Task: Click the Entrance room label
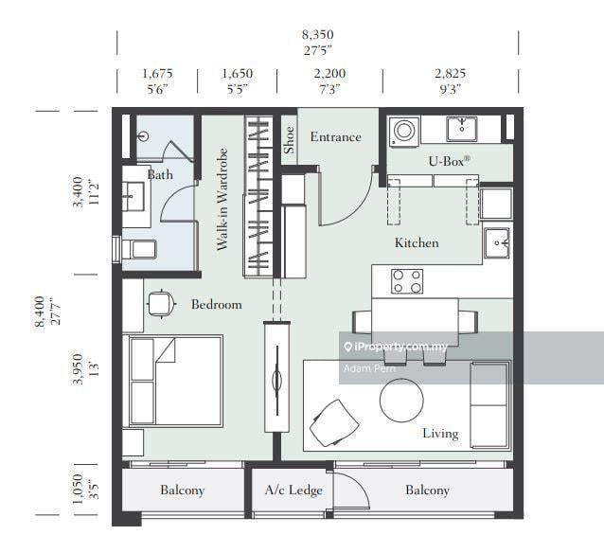tap(335, 136)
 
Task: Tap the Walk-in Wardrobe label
tap(222, 199)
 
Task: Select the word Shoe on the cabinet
tap(289, 140)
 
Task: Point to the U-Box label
tap(449, 161)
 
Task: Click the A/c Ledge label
tap(293, 491)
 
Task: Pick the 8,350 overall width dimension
tap(317, 35)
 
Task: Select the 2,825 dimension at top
tap(450, 73)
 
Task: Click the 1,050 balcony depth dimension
tap(78, 489)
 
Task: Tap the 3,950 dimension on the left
tap(78, 368)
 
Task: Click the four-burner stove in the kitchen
tap(407, 281)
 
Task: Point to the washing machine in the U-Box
tap(404, 132)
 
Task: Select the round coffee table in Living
tap(401, 400)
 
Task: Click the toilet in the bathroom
tap(139, 250)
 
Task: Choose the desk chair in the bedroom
tap(161, 304)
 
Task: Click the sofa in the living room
tap(489, 405)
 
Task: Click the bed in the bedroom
tap(176, 381)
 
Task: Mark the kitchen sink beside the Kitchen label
tap(497, 242)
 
